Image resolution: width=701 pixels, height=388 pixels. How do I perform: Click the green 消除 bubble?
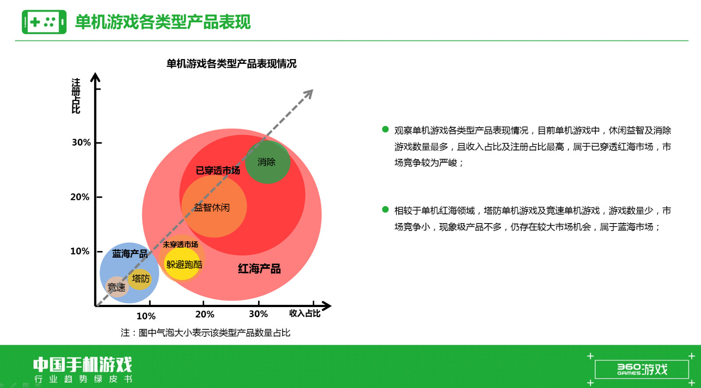(x=268, y=162)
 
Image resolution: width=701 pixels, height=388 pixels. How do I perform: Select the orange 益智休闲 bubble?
(x=214, y=206)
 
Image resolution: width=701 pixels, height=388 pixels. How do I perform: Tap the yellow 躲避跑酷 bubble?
(x=182, y=264)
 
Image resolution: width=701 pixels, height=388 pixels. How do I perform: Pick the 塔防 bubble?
(x=140, y=279)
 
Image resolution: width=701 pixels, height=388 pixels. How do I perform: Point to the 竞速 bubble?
(x=117, y=287)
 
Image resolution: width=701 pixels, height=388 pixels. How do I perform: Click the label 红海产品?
(x=259, y=269)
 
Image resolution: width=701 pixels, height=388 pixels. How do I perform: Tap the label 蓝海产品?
(x=130, y=254)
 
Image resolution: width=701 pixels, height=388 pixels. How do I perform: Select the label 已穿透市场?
(x=218, y=171)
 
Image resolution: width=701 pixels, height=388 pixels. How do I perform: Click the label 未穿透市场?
(x=180, y=244)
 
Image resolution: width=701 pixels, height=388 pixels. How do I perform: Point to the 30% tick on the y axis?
(x=99, y=143)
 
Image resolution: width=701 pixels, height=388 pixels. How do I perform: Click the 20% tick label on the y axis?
(x=80, y=197)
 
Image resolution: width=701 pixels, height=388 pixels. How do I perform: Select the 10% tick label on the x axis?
(x=146, y=316)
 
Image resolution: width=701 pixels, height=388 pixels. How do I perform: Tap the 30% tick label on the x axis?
(x=258, y=314)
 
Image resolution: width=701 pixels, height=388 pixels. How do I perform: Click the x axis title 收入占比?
(x=304, y=313)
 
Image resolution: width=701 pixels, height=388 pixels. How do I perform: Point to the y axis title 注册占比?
(x=76, y=96)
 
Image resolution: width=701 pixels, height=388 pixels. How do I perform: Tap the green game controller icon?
(x=44, y=22)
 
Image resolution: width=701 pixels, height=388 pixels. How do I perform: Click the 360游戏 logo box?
(x=641, y=369)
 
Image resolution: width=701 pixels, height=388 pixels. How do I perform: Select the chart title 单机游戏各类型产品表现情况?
(x=231, y=64)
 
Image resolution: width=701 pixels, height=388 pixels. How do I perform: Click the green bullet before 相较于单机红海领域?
(x=385, y=209)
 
